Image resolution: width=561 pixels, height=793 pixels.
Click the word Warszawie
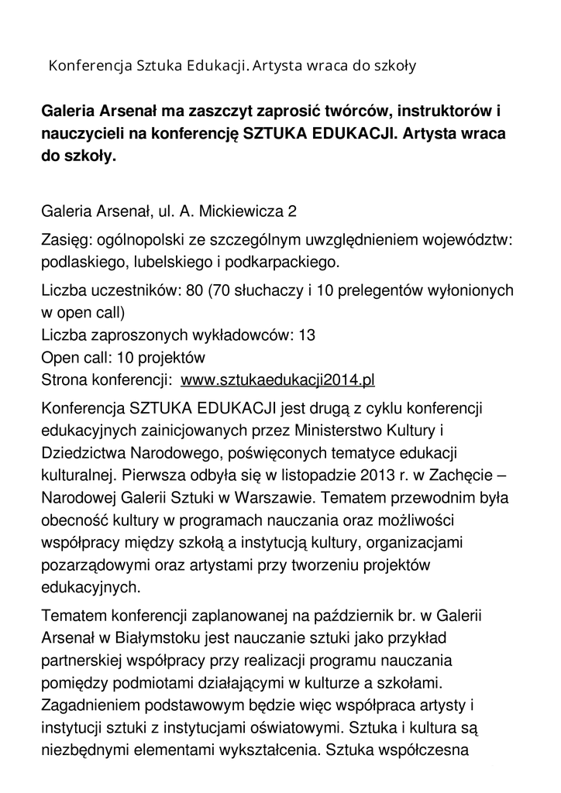279,496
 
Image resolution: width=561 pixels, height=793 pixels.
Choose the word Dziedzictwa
84,451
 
